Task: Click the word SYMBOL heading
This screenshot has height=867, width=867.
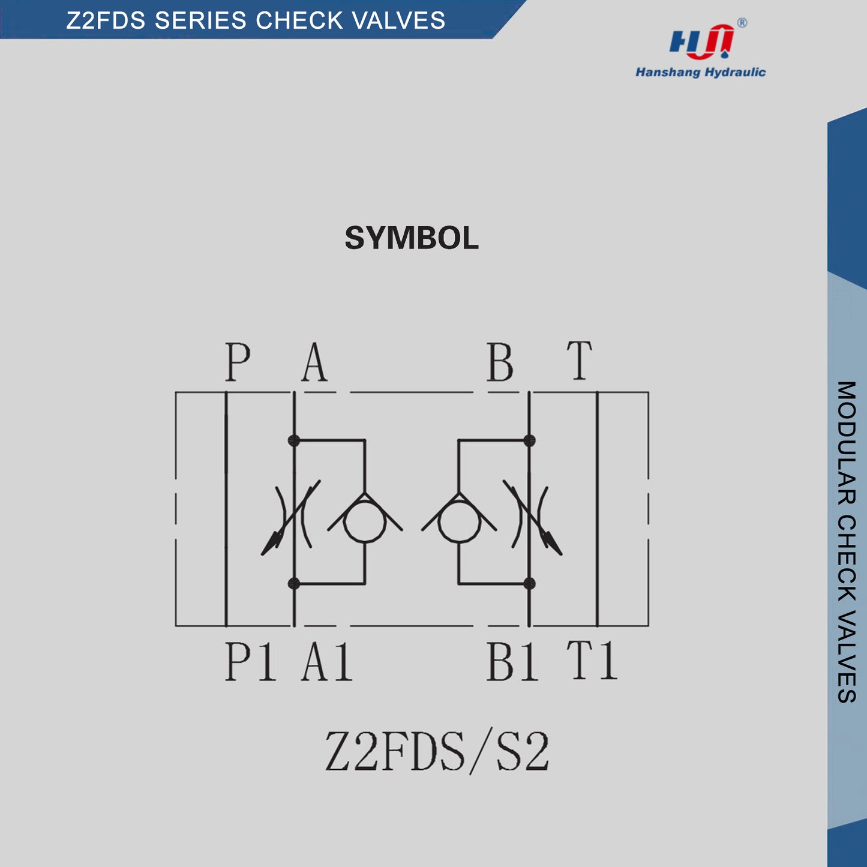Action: tap(412, 238)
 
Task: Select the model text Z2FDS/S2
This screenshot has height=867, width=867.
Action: tap(437, 751)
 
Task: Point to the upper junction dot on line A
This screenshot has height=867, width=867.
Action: tap(294, 440)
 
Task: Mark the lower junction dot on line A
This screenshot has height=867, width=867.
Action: tap(294, 583)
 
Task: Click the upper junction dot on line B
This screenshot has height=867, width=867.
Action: tap(529, 440)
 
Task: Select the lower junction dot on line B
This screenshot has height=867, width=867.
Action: tap(529, 583)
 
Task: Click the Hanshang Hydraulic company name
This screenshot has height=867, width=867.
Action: tap(700, 73)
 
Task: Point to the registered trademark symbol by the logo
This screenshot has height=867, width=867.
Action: tap(742, 23)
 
